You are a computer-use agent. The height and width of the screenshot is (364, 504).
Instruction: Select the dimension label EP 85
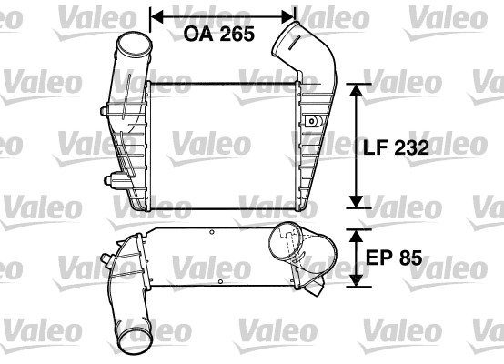(392, 258)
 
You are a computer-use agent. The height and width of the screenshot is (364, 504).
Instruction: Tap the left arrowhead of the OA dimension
(156, 15)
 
